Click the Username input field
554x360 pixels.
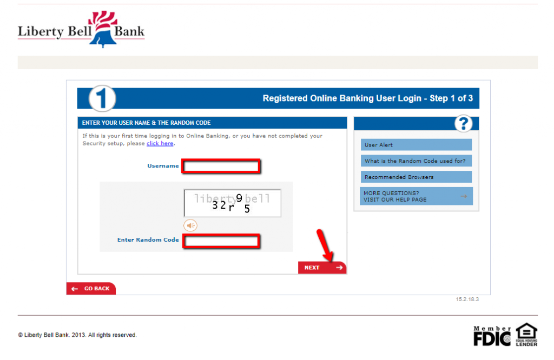[x=221, y=166]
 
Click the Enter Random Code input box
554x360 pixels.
[x=221, y=241]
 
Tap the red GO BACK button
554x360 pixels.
[x=91, y=289]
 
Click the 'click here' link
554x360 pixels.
[x=160, y=144]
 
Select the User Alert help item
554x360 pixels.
[x=416, y=145]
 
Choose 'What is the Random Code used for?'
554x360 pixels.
[x=416, y=161]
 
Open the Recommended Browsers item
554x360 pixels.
[x=416, y=177]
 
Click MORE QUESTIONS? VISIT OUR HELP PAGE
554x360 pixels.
[x=416, y=196]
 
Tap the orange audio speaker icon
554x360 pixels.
[x=190, y=225]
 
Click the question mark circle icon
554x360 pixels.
[x=463, y=124]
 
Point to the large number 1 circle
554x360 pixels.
[x=102, y=99]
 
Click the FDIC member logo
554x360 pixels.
[x=492, y=336]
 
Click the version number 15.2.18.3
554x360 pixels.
[x=467, y=299]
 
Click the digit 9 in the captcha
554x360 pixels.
[x=239, y=198]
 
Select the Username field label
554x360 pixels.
[x=163, y=166]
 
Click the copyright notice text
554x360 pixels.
[x=77, y=335]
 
